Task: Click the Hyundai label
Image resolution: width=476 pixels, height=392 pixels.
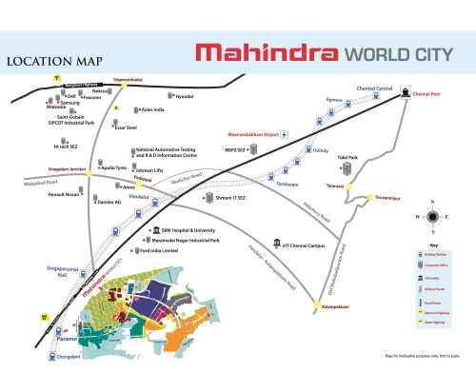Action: click(x=185, y=96)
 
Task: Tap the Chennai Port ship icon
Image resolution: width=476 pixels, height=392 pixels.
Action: click(x=405, y=93)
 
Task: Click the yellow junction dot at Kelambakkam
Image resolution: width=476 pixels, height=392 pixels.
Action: click(x=318, y=304)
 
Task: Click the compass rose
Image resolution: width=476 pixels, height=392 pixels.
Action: click(x=433, y=216)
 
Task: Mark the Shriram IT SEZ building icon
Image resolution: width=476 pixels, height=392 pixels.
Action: click(x=208, y=198)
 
